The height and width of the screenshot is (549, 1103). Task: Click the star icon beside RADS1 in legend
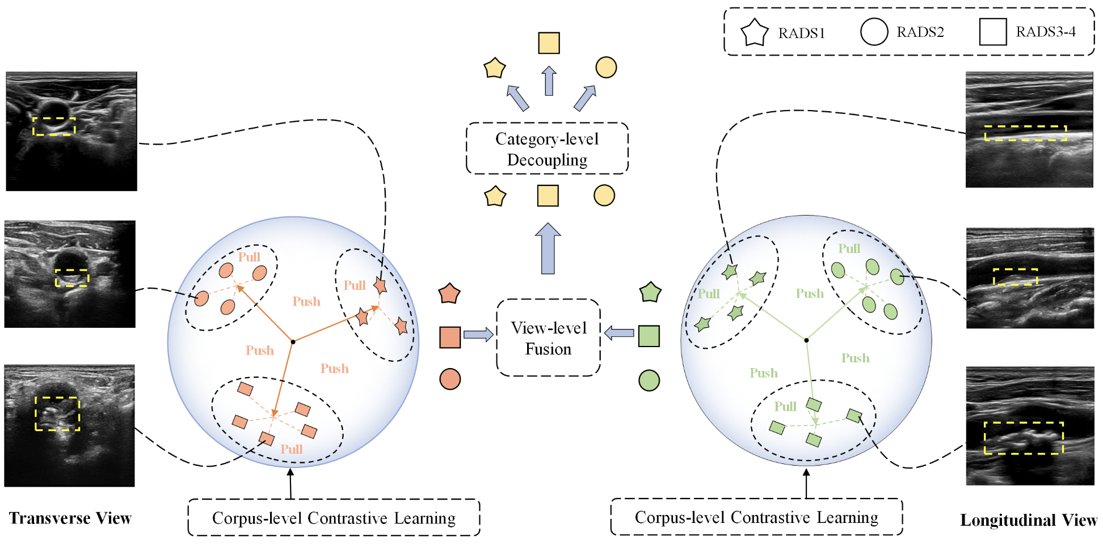point(755,32)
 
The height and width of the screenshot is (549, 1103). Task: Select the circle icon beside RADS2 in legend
point(874,32)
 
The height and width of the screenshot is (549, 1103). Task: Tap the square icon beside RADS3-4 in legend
point(992,32)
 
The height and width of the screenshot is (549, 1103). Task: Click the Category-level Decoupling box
point(547,149)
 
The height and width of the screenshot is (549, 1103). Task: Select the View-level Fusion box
point(548,338)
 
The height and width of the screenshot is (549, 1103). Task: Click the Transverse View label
point(70,518)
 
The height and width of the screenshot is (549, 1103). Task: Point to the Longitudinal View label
point(1028,520)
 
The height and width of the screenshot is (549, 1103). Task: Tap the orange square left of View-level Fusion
point(450,337)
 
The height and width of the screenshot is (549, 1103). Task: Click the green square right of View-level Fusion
point(649,336)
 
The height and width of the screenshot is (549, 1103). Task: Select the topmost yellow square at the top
point(549,43)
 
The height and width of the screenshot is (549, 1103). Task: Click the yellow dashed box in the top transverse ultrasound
point(54,126)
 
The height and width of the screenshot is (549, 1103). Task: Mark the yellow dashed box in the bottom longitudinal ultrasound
point(1023,438)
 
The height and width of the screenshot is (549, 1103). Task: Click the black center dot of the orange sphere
point(293,341)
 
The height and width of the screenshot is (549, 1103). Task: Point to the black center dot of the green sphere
point(806,340)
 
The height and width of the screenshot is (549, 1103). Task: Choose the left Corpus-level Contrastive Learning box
point(334,518)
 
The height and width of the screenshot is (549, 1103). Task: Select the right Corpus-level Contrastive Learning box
point(756,517)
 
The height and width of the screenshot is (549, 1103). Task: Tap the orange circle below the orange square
point(450,379)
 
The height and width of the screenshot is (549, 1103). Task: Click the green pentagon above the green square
point(650,293)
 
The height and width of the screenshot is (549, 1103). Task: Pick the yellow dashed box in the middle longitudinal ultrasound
point(1015,277)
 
